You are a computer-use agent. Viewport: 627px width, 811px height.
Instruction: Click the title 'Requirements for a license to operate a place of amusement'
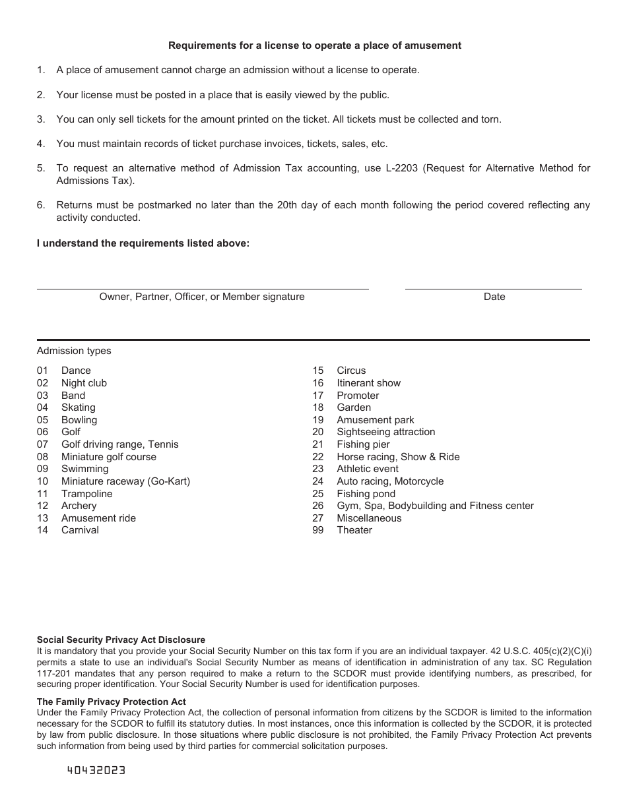point(315,45)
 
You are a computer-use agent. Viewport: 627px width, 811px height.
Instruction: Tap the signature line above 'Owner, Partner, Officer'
point(202,289)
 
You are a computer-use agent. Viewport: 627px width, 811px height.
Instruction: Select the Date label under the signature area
point(494,297)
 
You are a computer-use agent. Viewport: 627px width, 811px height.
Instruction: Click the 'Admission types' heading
point(74,351)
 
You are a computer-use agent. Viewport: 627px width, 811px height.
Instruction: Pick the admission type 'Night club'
point(84,383)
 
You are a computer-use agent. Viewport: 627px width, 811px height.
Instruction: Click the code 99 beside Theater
point(318,530)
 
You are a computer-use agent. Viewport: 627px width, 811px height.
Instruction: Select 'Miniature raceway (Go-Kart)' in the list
point(125,481)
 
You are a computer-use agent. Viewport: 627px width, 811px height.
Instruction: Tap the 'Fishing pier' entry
point(363,444)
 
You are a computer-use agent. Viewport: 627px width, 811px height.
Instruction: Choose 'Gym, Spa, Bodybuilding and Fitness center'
point(435,506)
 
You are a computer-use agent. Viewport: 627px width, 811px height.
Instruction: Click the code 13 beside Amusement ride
point(42,518)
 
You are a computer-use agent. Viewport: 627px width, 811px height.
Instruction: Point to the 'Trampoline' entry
point(86,494)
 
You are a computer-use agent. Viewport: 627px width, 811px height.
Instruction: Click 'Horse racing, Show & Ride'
point(398,457)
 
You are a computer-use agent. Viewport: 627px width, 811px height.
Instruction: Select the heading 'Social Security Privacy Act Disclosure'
point(121,640)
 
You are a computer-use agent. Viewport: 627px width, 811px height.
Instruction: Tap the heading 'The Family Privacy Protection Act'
point(111,702)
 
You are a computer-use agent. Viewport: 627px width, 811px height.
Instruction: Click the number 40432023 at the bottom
point(96,771)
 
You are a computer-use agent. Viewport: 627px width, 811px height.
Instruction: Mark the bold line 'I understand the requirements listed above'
point(143,243)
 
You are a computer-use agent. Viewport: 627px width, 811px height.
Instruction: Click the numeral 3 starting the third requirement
point(40,119)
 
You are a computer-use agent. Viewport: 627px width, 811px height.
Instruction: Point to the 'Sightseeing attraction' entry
point(385,432)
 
